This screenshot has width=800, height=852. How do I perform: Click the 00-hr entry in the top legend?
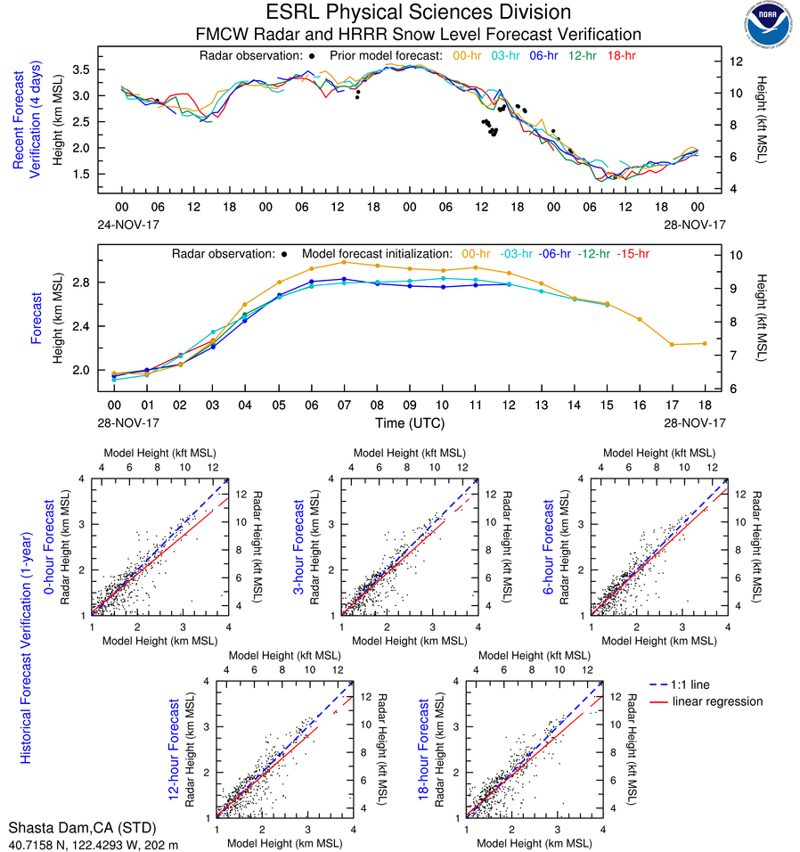click(x=468, y=55)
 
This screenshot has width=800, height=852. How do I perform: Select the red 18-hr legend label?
click(x=623, y=55)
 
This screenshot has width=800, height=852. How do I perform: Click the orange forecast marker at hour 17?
click(x=672, y=344)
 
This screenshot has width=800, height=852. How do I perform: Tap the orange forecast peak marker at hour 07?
click(x=344, y=262)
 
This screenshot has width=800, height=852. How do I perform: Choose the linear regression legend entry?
click(x=717, y=701)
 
